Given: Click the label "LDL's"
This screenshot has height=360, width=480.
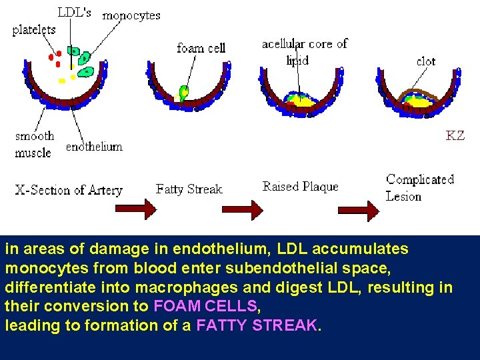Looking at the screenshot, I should point(74,12).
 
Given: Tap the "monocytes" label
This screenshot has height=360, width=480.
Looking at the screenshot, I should point(131,15).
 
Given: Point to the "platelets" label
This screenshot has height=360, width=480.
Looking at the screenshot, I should point(34,30).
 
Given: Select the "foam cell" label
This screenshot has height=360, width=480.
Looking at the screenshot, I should point(201,48).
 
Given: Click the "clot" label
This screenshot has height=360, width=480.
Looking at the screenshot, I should point(425,61).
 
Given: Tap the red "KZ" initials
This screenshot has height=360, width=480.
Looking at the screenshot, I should point(455,135).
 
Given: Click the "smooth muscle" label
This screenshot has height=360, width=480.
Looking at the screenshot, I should point(34,144).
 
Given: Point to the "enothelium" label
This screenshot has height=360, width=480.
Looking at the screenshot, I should point(94,147).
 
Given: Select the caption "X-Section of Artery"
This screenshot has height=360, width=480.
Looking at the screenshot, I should point(69,190).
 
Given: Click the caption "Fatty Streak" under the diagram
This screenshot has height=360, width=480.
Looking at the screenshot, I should point(189,189).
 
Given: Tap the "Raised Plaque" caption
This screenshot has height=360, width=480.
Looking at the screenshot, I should point(300,187).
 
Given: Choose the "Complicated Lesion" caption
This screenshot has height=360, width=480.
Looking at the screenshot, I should point(420,187).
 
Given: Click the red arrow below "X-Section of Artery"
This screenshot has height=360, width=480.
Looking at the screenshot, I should point(136,209).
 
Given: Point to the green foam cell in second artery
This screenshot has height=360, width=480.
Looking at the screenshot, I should point(184,91).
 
